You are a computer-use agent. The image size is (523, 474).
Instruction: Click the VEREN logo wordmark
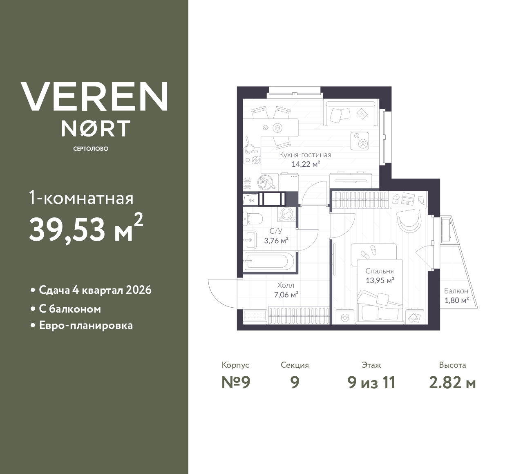click(x=94, y=96)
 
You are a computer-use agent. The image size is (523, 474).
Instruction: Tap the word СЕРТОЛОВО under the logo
click(x=91, y=149)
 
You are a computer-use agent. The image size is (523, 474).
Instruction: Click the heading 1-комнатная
click(x=81, y=199)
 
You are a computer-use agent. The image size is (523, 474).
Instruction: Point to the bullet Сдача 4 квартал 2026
click(x=95, y=290)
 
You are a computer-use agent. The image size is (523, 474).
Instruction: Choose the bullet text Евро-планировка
click(x=86, y=326)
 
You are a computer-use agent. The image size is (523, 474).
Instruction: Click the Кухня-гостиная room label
click(x=305, y=155)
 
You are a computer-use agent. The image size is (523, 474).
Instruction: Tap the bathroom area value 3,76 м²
click(x=276, y=241)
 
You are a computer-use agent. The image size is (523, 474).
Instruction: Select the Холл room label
click(x=285, y=285)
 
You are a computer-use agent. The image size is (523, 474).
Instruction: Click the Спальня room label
click(x=379, y=271)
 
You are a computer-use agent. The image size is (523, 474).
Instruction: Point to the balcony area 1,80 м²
click(x=456, y=301)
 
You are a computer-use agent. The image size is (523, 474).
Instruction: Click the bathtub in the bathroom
click(x=268, y=262)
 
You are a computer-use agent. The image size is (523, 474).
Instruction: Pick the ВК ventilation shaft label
click(x=250, y=201)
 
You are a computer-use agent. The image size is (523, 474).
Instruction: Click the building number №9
click(x=235, y=382)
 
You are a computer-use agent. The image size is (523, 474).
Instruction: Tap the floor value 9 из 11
click(x=371, y=382)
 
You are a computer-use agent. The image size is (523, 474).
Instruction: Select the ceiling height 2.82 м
click(x=452, y=382)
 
